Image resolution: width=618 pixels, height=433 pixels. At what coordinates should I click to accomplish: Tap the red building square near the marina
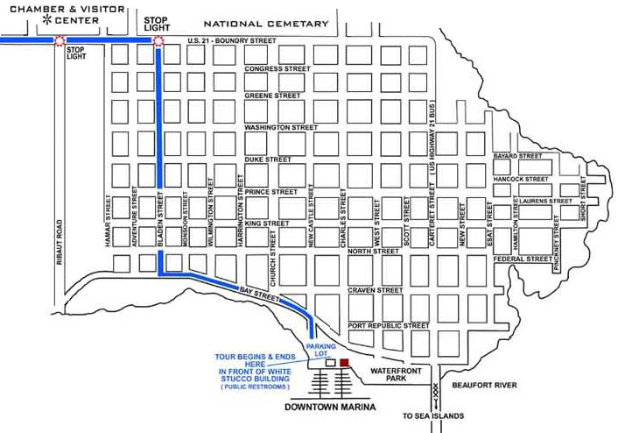344,361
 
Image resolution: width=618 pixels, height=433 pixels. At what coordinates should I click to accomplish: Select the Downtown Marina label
331,408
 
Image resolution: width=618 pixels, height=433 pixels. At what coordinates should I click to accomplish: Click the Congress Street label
277,68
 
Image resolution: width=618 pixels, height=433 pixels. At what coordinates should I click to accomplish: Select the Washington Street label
280,127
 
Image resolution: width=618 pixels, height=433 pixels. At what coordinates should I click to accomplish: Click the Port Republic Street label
388,326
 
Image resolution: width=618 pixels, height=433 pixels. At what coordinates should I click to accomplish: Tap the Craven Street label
375,289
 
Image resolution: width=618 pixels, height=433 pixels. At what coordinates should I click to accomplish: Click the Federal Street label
523,259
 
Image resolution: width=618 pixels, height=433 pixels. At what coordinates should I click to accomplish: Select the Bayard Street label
518,156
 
